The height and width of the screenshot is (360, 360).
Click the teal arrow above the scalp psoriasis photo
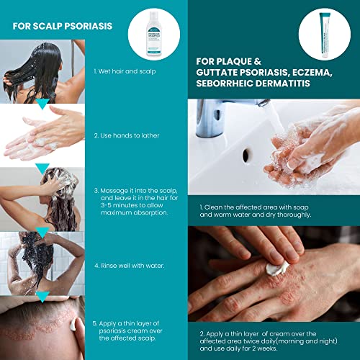pyautogui.click(x=42, y=297)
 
